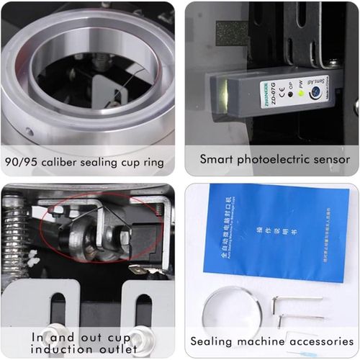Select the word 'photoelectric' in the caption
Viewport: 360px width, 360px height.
(273, 159)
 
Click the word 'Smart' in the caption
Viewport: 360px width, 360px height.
(216, 158)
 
